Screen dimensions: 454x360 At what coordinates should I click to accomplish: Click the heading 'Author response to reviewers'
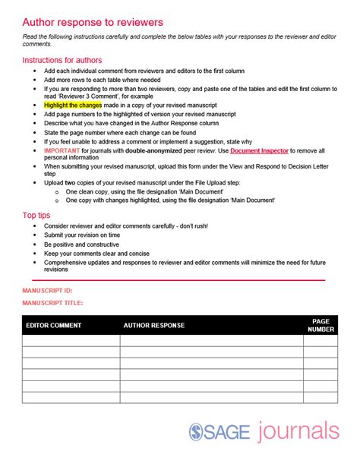coord(92,23)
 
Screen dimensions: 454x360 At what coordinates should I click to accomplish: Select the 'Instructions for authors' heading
coord(62,60)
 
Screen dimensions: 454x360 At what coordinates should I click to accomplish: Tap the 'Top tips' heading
coord(39,216)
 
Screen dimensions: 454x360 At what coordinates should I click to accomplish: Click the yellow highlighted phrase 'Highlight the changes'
coord(78,105)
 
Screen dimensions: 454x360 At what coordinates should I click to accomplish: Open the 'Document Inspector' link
coord(257,150)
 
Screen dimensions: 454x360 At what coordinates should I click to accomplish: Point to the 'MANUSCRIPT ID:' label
coord(48,290)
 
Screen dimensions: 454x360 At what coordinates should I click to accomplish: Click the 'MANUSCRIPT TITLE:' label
coord(53,303)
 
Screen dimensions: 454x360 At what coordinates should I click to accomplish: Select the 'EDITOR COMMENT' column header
coord(55,326)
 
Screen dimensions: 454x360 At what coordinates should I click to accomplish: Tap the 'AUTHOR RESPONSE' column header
coord(153,326)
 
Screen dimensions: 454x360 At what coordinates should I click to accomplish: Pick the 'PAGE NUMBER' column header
coord(321,326)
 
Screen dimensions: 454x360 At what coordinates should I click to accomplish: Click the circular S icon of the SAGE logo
coord(196,433)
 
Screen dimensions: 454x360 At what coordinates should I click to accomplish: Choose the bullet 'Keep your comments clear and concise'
coord(96,254)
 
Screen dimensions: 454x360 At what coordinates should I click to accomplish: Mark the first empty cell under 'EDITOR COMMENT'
coord(71,341)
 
